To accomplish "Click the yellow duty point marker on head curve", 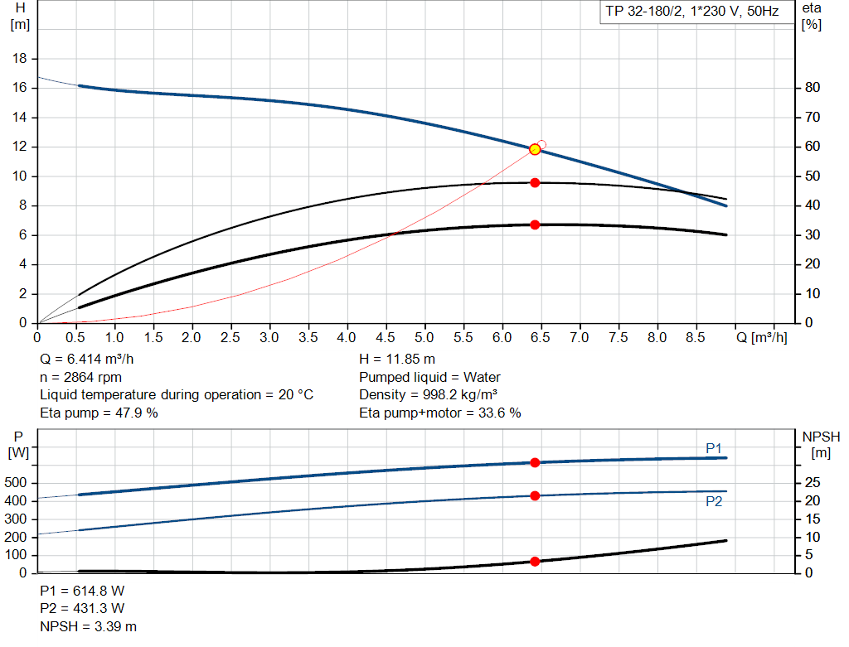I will (535, 149).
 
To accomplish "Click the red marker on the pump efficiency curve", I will (535, 182).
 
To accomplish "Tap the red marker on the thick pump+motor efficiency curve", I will (535, 225).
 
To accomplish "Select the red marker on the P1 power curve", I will (535, 462).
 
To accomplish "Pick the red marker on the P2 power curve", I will (535, 495).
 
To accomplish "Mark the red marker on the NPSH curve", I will (535, 561).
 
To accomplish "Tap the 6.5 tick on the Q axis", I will (541, 338).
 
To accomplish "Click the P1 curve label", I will (714, 448).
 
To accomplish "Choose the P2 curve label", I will (714, 501).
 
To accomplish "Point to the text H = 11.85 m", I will (396, 360).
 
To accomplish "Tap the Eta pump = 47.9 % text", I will (99, 413).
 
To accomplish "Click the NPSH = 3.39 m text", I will (89, 626).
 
